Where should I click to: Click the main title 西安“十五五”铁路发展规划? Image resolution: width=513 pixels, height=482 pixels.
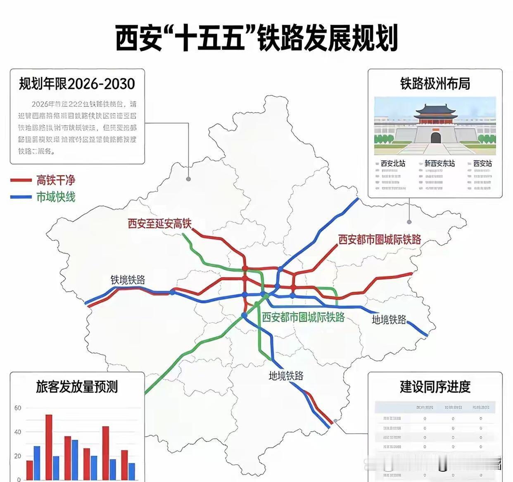(256, 38)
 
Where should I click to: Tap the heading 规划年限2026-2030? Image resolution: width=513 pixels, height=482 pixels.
(77, 84)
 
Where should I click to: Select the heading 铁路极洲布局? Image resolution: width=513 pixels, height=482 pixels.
(435, 84)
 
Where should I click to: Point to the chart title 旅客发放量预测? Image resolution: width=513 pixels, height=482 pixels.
(77, 387)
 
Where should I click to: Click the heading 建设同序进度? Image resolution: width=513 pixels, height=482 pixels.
(435, 387)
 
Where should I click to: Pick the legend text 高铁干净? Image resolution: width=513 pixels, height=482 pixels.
(56, 180)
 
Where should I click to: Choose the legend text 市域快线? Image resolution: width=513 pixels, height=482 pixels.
(56, 197)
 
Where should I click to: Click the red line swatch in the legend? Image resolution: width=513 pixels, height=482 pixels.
(21, 180)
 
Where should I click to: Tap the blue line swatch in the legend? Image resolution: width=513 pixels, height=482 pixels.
(21, 197)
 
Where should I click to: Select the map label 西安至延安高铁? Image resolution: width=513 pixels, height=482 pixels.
(159, 224)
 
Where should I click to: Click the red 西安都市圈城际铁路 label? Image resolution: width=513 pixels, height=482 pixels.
(380, 239)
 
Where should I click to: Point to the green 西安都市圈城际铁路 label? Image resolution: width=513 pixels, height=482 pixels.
(303, 317)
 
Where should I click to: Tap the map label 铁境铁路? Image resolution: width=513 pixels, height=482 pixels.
(128, 280)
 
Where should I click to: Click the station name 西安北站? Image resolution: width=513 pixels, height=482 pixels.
(393, 163)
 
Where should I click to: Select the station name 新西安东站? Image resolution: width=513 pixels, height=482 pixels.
(439, 163)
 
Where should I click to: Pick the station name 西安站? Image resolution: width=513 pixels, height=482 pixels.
(482, 163)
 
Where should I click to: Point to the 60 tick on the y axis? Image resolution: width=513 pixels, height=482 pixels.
(17, 408)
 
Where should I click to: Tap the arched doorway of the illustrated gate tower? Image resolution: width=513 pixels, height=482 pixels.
(436, 137)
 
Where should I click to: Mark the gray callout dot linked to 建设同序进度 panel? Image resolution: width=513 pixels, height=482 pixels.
(335, 421)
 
